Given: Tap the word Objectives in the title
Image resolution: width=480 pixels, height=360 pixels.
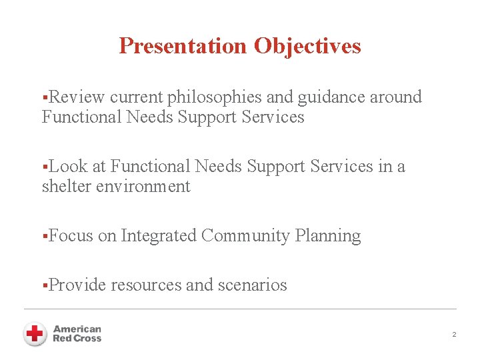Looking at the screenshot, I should click(x=307, y=46).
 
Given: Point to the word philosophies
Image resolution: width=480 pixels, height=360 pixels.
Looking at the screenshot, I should click(x=215, y=97).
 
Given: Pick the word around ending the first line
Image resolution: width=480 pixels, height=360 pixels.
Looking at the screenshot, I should click(x=396, y=97).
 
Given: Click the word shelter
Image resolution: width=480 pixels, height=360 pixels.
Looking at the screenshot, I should click(x=67, y=187).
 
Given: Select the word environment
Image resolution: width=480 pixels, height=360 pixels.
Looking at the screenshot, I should click(x=143, y=187).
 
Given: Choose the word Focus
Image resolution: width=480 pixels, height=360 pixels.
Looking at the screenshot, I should click(x=71, y=236).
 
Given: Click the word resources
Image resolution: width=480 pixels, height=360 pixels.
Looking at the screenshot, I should click(x=146, y=285).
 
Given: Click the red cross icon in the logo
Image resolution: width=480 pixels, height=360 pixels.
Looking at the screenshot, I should click(x=35, y=333).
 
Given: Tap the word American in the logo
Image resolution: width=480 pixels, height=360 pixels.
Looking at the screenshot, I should click(x=77, y=329).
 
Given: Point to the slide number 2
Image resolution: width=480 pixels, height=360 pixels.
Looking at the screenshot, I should click(x=454, y=334).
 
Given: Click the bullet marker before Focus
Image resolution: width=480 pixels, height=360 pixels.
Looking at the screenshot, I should click(x=44, y=237).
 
